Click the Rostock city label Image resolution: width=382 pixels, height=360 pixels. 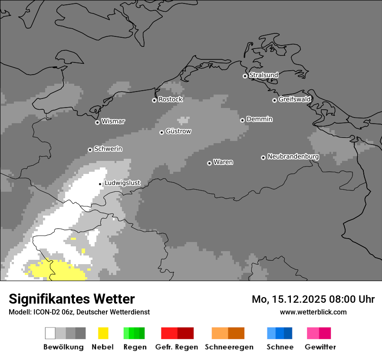(x=170, y=99)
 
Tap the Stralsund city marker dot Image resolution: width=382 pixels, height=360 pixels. (x=245, y=76)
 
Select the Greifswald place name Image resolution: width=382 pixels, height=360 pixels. (x=294, y=99)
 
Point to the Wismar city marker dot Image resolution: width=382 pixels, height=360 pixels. (x=97, y=122)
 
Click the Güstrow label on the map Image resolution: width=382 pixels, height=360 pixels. (x=178, y=131)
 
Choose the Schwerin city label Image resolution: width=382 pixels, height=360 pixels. (x=108, y=149)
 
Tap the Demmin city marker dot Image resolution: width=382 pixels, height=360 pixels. (x=242, y=120)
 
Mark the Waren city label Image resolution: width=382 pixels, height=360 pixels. (x=223, y=162)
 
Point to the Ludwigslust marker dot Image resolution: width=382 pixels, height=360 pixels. (x=100, y=184)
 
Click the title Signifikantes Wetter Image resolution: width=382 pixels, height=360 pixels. (x=72, y=299)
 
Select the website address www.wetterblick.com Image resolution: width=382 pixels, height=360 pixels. (x=313, y=312)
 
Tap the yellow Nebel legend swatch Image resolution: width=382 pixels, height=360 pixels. (x=103, y=333)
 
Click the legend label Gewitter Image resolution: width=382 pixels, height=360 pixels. (x=320, y=347)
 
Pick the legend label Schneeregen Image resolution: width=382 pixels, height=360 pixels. (x=229, y=347)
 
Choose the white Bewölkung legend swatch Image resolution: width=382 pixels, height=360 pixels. (x=50, y=333)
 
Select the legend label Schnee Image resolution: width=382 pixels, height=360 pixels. (x=280, y=347)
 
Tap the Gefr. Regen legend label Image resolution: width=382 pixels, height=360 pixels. (x=177, y=347)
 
